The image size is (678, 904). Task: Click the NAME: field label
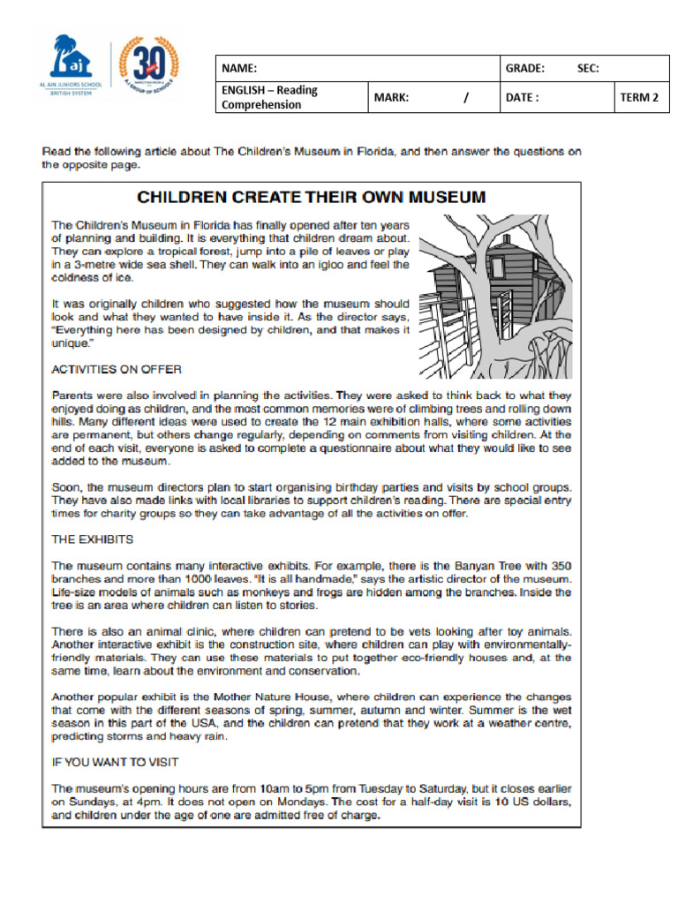[239, 68]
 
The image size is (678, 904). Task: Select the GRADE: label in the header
[524, 68]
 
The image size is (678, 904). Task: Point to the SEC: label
[588, 68]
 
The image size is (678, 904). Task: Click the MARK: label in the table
[391, 97]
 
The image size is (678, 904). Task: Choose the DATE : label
[522, 97]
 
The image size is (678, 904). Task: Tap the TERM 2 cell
[639, 97]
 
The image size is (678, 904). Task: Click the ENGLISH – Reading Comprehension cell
[269, 97]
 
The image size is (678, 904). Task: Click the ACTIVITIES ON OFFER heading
[117, 369]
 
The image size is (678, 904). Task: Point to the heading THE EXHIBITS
[93, 539]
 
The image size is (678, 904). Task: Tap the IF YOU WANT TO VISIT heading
[115, 762]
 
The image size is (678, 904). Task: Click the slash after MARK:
[465, 97]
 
